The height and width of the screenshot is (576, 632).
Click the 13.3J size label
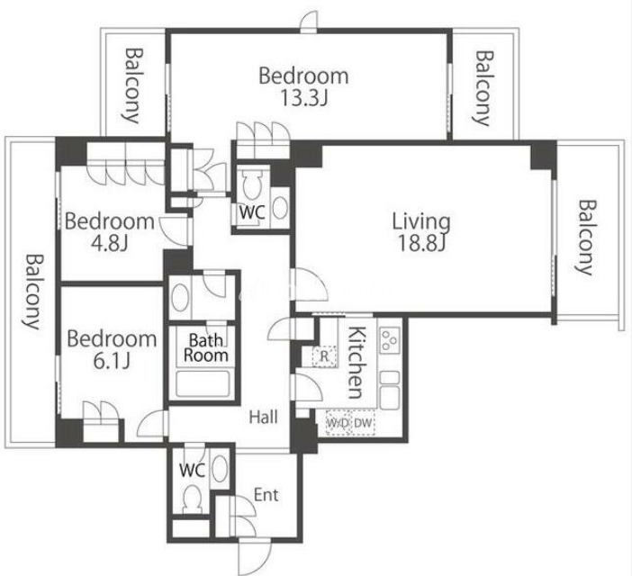[303, 97]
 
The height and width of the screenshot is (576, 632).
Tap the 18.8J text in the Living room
[421, 242]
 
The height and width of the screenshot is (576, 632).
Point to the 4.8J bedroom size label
[110, 242]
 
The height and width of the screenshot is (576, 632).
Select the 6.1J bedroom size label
[112, 361]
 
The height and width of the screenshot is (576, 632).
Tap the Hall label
[263, 417]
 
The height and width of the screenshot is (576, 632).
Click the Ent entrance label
[266, 495]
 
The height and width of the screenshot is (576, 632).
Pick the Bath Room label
[205, 347]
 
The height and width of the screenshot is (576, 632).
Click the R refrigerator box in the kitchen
[325, 356]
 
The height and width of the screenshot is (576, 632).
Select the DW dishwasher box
[364, 423]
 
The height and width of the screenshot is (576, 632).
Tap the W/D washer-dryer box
[339, 423]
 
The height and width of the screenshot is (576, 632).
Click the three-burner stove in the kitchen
[390, 340]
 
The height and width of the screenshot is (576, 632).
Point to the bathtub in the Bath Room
[203, 383]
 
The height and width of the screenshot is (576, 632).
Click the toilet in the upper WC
[252, 184]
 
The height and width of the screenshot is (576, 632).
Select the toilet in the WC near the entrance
[192, 499]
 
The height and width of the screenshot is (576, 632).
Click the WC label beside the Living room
[252, 211]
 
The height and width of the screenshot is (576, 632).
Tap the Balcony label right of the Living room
[585, 238]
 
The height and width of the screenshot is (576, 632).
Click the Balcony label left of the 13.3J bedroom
[132, 85]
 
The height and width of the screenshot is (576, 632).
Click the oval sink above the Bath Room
[180, 298]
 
